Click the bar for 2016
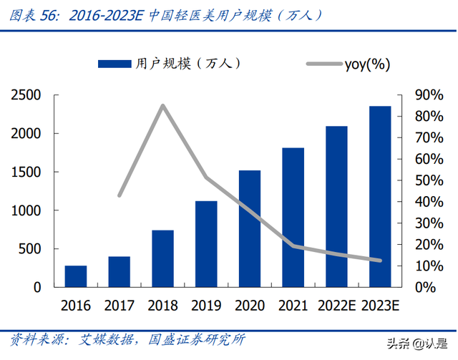tap(76, 276)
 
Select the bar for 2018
tap(162, 258)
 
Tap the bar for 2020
tap(250, 228)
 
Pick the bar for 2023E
tap(380, 196)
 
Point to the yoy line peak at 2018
tap(162, 106)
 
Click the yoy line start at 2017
tap(120, 195)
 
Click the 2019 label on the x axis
tap(206, 306)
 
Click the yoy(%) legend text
tap(367, 64)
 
